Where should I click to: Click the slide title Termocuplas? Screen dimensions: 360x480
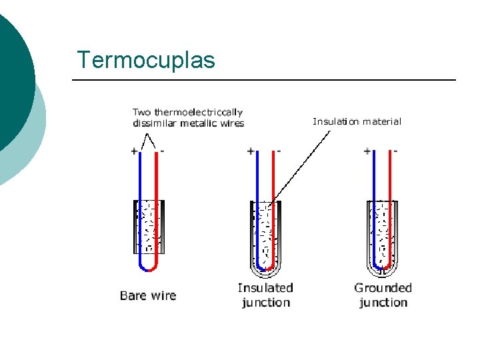tap(146, 60)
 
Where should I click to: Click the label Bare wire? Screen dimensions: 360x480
tap(148, 295)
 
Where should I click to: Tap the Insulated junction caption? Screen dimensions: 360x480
tap(265, 295)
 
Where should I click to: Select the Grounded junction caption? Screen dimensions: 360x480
tap(383, 295)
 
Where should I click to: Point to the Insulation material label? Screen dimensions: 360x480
tap(357, 121)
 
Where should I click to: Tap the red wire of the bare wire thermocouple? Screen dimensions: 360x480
tap(157, 200)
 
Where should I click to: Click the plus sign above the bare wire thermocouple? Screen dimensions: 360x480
tap(134, 151)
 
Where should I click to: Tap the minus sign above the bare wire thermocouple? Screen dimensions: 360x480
tap(162, 151)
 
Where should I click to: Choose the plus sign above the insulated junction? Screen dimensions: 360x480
tap(251, 151)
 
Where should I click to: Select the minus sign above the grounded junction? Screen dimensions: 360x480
tap(395, 151)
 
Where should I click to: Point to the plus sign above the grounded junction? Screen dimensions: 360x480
tap(367, 151)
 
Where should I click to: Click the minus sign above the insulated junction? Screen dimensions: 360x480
tap(279, 151)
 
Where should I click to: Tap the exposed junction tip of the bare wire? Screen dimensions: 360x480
tap(148, 269)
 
